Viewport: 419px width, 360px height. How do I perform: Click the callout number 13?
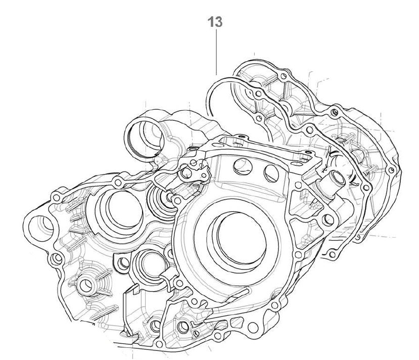tap(215, 22)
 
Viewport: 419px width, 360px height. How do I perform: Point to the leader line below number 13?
tap(216, 52)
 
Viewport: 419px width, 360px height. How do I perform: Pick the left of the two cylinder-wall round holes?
tap(243, 167)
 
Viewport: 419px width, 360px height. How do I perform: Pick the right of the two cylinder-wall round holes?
tap(271, 173)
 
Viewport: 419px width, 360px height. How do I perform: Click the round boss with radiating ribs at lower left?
tap(86, 286)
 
